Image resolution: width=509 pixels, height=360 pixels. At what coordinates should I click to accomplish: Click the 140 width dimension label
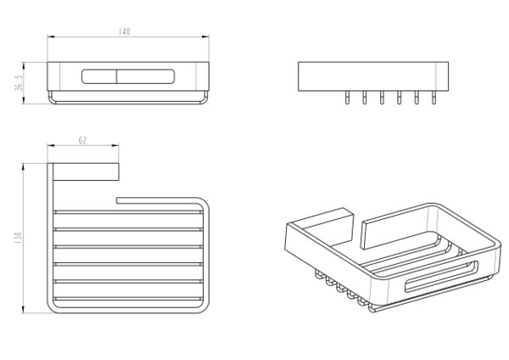[124, 31]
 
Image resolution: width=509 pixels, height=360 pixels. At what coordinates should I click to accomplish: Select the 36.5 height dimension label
[20, 83]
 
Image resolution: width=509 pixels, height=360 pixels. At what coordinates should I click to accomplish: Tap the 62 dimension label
[83, 140]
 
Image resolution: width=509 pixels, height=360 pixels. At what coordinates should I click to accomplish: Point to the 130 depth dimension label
[18, 238]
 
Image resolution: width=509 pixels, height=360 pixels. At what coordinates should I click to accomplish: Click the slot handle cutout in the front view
[128, 76]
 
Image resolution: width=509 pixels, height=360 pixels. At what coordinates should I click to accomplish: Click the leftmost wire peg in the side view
[347, 97]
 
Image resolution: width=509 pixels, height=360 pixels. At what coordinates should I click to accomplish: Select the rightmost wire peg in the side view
[433, 97]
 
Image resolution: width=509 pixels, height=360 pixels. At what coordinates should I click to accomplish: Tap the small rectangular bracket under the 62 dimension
[86, 172]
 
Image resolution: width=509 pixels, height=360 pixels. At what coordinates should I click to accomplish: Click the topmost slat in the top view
[128, 212]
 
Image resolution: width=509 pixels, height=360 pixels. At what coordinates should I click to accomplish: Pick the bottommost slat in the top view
[128, 299]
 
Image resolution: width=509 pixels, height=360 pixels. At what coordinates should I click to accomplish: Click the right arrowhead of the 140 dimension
[205, 37]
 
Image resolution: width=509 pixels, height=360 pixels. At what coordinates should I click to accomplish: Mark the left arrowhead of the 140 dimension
[51, 37]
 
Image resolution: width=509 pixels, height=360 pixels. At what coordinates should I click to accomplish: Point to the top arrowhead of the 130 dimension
[23, 167]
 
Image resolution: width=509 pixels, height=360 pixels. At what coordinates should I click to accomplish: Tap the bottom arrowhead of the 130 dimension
[23, 309]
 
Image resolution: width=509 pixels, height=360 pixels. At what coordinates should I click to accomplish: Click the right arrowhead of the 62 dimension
[115, 145]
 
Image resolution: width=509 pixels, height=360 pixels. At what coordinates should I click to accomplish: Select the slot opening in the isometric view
[441, 276]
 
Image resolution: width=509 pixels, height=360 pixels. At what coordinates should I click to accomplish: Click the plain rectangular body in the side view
[373, 76]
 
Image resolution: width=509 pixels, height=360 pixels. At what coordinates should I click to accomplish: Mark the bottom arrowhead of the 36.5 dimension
[24, 100]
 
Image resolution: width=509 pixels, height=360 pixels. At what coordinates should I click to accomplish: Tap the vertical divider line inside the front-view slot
[116, 76]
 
